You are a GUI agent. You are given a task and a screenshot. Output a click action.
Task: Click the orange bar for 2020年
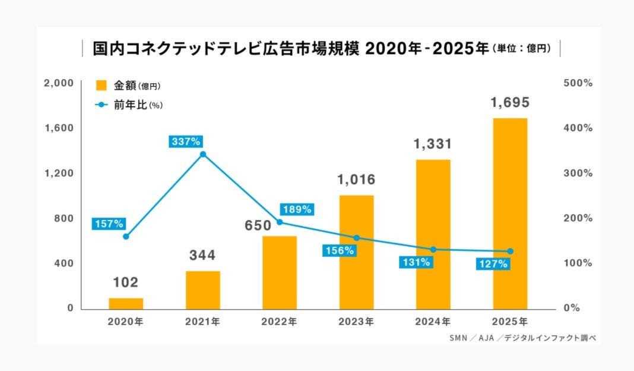[x=126, y=303]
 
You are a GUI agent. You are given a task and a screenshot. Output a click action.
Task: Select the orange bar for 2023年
[x=356, y=252]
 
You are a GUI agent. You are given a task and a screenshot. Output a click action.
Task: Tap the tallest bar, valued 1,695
[x=510, y=213]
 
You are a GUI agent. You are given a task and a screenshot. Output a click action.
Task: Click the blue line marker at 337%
[x=203, y=155]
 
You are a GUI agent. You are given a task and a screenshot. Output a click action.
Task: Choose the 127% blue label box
[x=492, y=264]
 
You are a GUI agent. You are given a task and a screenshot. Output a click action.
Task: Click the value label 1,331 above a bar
[x=433, y=144]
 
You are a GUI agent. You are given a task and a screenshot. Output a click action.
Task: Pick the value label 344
[x=202, y=256]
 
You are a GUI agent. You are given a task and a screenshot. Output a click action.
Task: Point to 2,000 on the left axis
[x=59, y=83]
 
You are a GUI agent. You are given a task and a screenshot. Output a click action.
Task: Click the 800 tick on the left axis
[x=64, y=218]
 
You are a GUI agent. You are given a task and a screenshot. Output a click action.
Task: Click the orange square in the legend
[x=102, y=86]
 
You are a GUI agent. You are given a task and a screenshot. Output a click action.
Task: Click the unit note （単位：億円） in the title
[x=522, y=49]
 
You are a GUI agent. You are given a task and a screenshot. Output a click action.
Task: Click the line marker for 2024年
[x=433, y=250]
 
